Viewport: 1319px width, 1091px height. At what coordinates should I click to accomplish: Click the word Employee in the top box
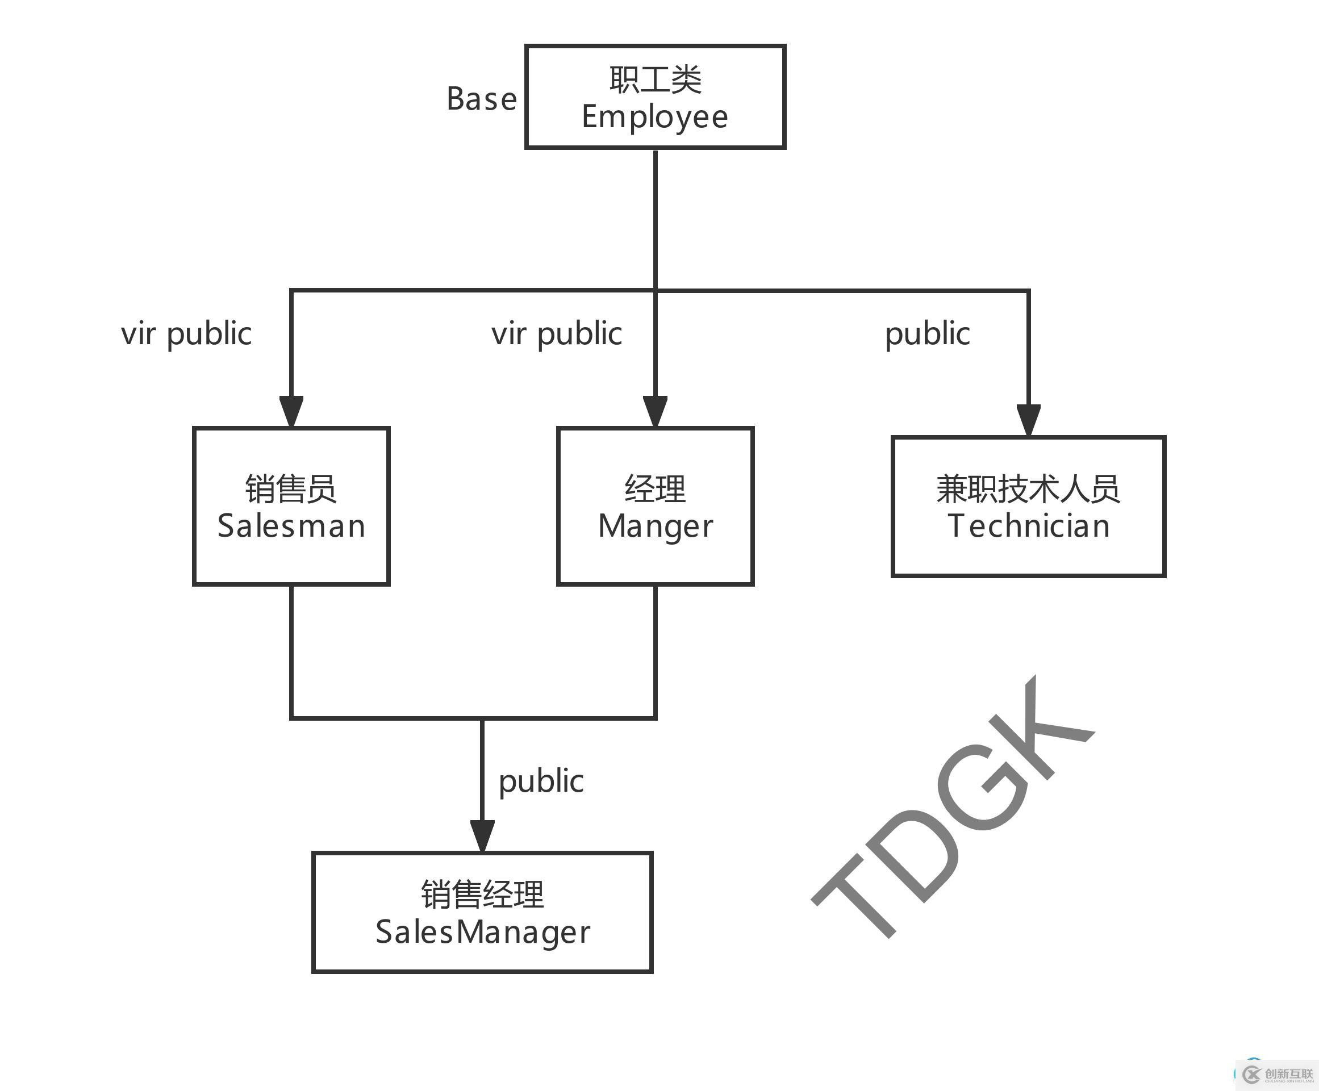pyautogui.click(x=654, y=117)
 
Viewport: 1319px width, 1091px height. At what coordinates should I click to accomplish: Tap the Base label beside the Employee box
pyautogui.click(x=482, y=99)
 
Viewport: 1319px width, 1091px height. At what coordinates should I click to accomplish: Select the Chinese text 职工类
pyautogui.click(x=655, y=80)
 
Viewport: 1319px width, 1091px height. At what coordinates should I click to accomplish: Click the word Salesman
pyautogui.click(x=291, y=526)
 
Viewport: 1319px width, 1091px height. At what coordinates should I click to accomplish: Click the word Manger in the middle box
pyautogui.click(x=655, y=526)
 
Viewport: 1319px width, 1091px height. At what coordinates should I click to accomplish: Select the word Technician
pyautogui.click(x=1028, y=526)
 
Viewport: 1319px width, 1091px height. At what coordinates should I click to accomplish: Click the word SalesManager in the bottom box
pyautogui.click(x=482, y=932)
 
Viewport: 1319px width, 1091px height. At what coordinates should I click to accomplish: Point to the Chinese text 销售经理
pyautogui.click(x=482, y=894)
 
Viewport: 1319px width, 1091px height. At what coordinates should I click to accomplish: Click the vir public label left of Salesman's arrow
pyautogui.click(x=186, y=333)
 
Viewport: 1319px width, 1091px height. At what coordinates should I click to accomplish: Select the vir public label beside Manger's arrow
pyautogui.click(x=557, y=333)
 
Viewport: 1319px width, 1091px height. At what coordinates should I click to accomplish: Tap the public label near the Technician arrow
pyautogui.click(x=927, y=333)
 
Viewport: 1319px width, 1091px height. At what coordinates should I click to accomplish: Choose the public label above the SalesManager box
pyautogui.click(x=541, y=781)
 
